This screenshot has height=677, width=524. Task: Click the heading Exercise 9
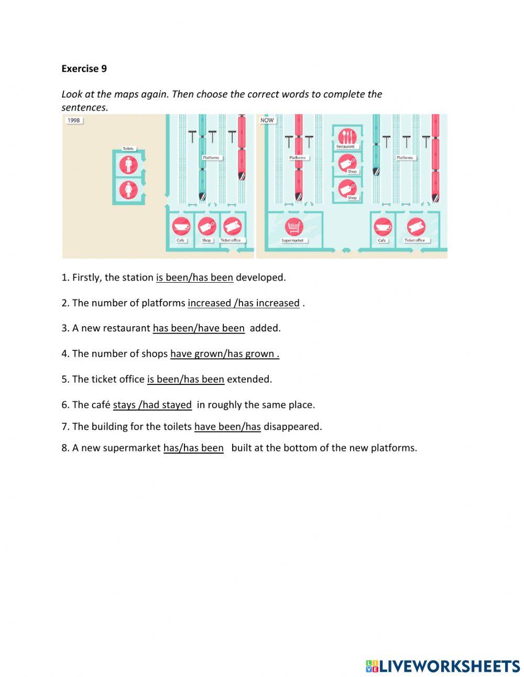click(84, 69)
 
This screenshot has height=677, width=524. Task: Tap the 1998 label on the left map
click(74, 121)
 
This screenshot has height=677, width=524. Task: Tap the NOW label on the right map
click(267, 121)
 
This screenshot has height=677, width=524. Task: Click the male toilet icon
click(128, 164)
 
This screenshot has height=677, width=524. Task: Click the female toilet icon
click(128, 190)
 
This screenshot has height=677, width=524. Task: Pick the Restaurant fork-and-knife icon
click(346, 136)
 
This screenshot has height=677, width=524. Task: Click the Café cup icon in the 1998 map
click(181, 227)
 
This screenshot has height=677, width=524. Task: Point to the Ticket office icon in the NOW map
click(416, 227)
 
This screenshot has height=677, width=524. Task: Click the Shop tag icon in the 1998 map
click(207, 227)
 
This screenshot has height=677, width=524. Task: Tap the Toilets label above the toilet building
click(128, 148)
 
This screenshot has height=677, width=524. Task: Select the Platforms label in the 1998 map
click(211, 157)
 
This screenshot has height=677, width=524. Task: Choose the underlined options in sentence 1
click(194, 277)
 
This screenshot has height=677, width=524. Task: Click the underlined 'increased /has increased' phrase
click(244, 303)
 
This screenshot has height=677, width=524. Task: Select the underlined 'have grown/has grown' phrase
click(224, 354)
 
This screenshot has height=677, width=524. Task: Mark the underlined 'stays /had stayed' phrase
click(152, 405)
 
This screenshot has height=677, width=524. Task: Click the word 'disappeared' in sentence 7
click(292, 426)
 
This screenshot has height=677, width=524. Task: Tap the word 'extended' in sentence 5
click(249, 379)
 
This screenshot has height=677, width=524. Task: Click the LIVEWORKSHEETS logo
click(443, 666)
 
